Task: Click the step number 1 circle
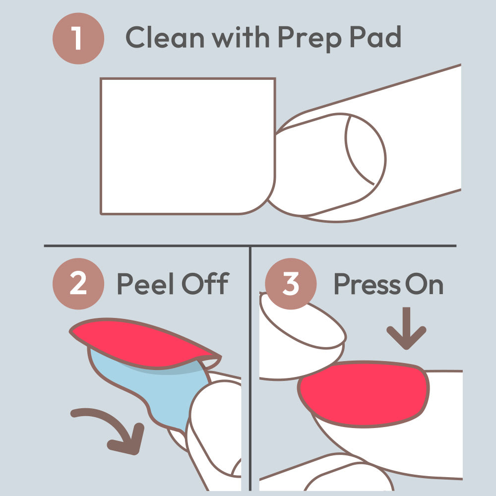pyautogui.click(x=78, y=38)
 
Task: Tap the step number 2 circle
pyautogui.click(x=78, y=284)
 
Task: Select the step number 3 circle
pyautogui.click(x=291, y=284)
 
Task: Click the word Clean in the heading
pyautogui.click(x=165, y=37)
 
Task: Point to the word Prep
pyautogui.click(x=310, y=39)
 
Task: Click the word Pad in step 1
pyautogui.click(x=375, y=37)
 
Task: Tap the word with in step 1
pyautogui.click(x=241, y=37)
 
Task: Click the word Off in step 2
pyautogui.click(x=205, y=283)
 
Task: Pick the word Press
pyautogui.click(x=368, y=284)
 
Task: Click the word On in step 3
pyautogui.click(x=424, y=284)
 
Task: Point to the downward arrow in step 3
pyautogui.click(x=407, y=328)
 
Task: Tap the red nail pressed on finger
pyautogui.click(x=364, y=394)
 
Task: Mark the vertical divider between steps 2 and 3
pyautogui.click(x=250, y=369)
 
